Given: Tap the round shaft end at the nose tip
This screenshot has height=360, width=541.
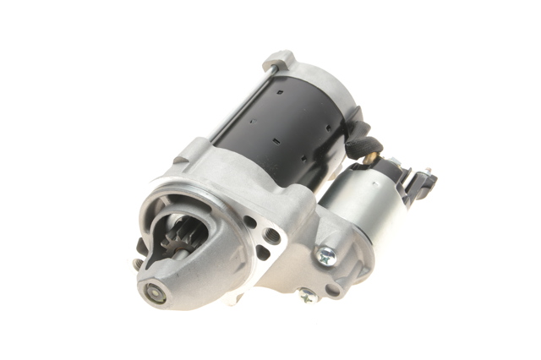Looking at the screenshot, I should (x=156, y=294).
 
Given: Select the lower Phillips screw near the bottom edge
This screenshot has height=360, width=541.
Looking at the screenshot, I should (x=307, y=295).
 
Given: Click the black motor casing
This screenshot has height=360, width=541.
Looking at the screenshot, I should (x=279, y=127).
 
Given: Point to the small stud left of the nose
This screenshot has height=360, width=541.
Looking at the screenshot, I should (x=138, y=264).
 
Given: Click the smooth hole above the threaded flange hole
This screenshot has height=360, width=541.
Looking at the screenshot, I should (x=251, y=222).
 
